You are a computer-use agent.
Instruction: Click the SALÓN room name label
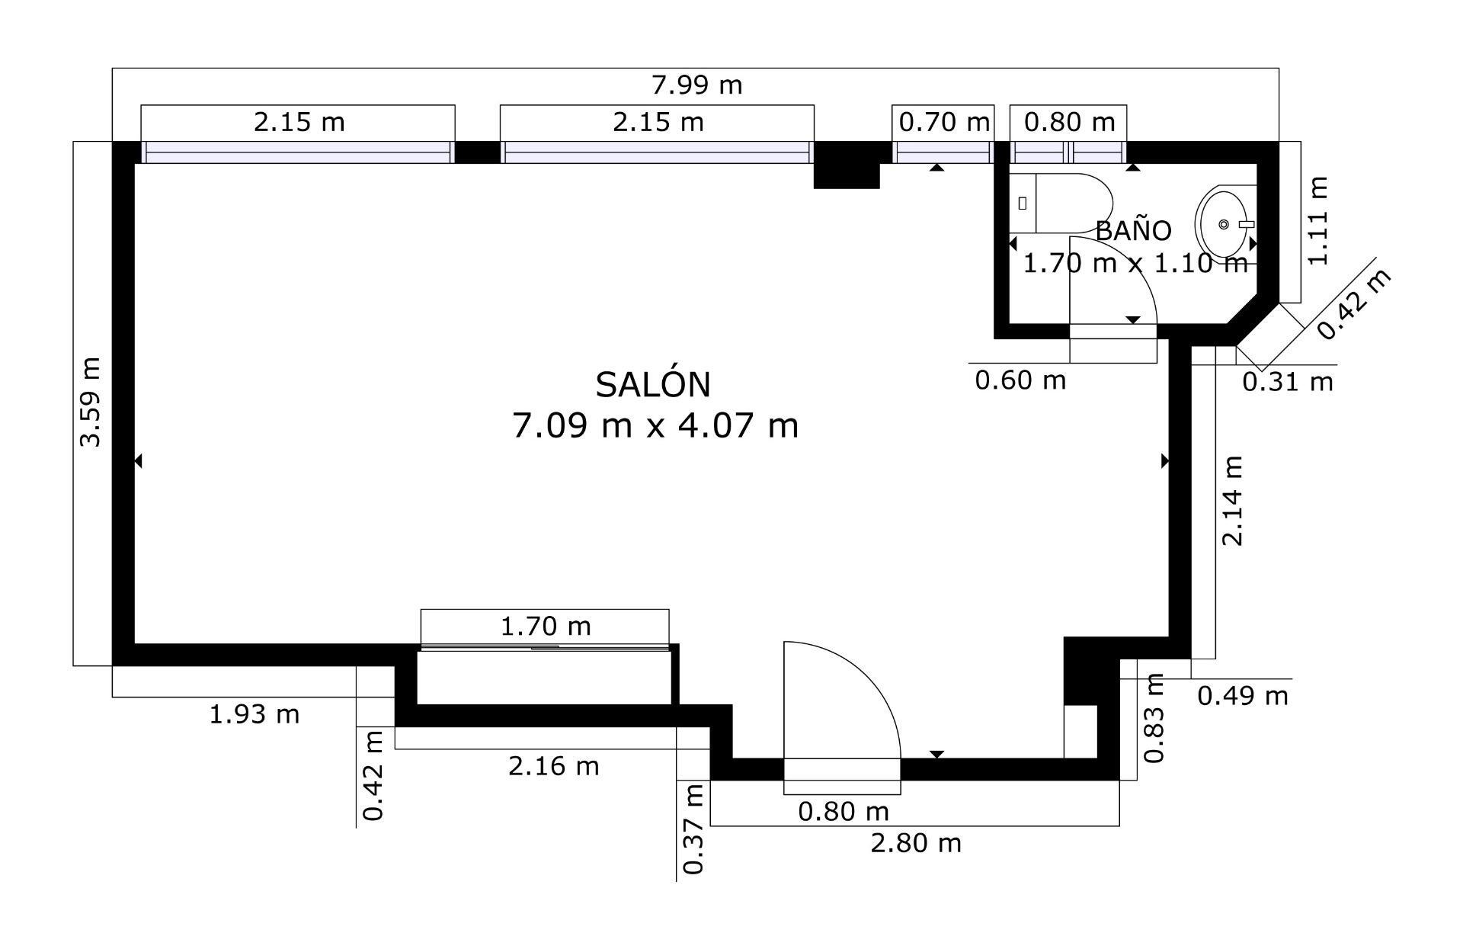[x=652, y=385]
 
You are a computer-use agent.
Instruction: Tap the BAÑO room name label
[x=1133, y=230]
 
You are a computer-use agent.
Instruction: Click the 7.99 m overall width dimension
[x=696, y=85]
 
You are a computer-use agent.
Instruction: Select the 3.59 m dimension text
[x=90, y=402]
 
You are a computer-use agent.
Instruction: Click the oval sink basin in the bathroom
[x=1221, y=223]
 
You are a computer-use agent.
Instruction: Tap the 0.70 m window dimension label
[x=943, y=122]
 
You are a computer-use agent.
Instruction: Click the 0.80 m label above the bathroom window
[x=1068, y=122]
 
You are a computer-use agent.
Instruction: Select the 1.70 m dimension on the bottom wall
[x=545, y=626]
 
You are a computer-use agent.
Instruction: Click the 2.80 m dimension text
[x=915, y=843]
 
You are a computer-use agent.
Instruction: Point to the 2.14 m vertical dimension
[x=1232, y=501]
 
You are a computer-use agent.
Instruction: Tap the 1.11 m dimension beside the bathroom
[x=1318, y=221]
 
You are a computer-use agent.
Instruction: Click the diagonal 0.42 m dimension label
[x=1354, y=304]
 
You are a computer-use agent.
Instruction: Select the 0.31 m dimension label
[x=1287, y=381]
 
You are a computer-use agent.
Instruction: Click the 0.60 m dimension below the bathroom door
[x=1020, y=380]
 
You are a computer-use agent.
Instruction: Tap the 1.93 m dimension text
[x=254, y=714]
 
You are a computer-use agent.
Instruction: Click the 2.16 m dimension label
[x=553, y=765]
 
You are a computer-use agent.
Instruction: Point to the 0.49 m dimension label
[x=1242, y=695]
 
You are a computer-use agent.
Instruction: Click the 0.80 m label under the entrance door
[x=843, y=812]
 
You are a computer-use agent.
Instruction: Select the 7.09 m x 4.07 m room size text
[x=655, y=425]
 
